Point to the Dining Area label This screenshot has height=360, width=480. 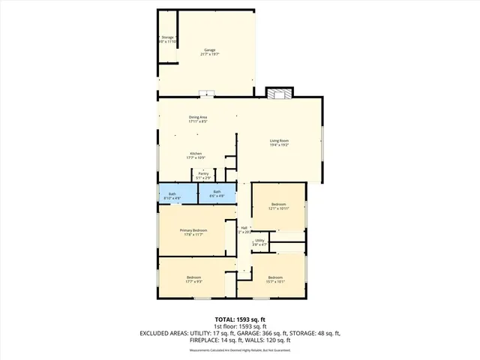tap(197, 118)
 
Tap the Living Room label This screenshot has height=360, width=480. tap(279, 142)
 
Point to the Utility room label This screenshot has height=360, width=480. tap(259, 242)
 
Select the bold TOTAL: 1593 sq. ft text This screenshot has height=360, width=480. tap(239, 319)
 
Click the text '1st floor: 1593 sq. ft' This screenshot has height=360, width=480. tap(239, 326)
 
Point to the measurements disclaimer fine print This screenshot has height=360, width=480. tap(239, 349)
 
